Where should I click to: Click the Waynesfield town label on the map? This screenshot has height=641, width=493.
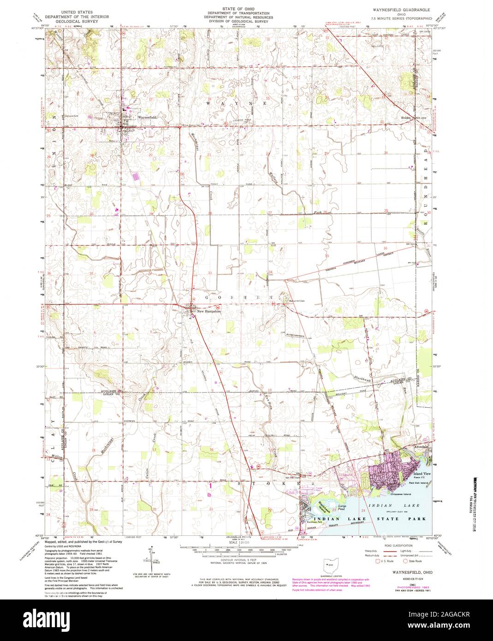point(148,118)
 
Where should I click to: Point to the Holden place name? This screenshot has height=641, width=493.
point(406,118)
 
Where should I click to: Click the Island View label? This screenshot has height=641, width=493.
point(422,474)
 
